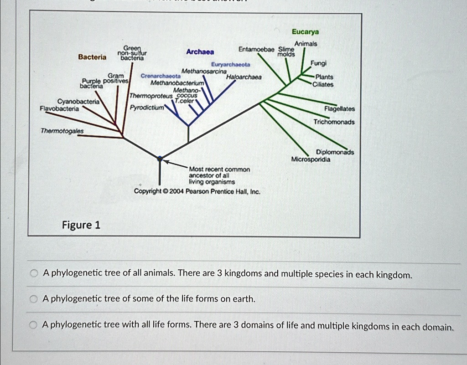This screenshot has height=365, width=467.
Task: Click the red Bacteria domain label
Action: (92, 57)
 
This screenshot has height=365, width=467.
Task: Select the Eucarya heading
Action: (306, 32)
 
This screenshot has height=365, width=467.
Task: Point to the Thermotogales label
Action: (62, 131)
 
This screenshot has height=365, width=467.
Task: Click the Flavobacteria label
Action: (59, 109)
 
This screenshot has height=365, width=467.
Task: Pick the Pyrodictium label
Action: (144, 108)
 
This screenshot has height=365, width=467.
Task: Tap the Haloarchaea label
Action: (244, 77)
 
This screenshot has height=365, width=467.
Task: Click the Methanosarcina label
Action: (204, 72)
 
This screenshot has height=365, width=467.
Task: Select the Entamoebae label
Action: (256, 49)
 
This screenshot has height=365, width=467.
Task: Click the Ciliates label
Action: (323, 84)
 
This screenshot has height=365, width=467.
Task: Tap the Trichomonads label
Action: (334, 122)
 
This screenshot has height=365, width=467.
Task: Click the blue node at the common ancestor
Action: (160, 159)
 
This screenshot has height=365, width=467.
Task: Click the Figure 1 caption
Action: (81, 225)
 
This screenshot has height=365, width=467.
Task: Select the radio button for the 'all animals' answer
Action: (33, 273)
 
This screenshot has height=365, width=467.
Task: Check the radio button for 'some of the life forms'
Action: (33, 299)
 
